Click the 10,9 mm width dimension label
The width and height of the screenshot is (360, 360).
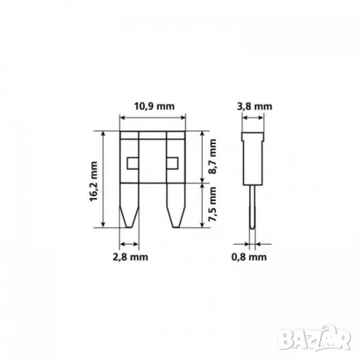tap(154, 106)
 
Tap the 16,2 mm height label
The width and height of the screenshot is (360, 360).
tap(94, 181)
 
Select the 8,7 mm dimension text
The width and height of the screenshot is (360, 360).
tap(213, 157)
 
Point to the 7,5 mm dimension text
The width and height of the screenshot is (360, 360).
tap(213, 204)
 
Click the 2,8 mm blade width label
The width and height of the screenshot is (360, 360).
tap(130, 256)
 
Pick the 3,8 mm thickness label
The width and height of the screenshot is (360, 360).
tap(254, 106)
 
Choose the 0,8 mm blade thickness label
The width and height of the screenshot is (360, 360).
tap(249, 256)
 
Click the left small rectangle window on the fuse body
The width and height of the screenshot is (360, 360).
tap(133, 163)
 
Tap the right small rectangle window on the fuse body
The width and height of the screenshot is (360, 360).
tap(172, 163)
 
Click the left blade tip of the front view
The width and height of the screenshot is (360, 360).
tap(129, 227)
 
